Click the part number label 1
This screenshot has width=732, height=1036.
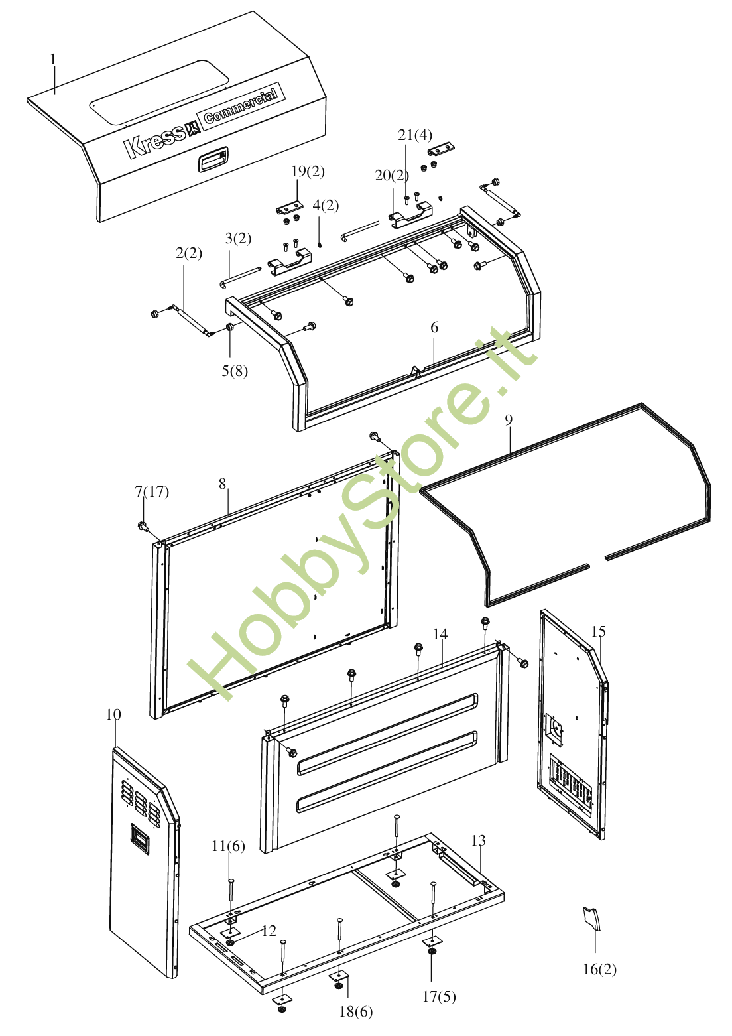point(53,59)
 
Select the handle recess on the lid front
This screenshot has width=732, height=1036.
point(213,160)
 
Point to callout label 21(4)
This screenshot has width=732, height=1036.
point(415,135)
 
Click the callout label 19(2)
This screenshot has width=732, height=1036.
point(308,172)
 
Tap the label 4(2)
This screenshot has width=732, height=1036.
point(326,205)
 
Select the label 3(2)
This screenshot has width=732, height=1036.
point(238,239)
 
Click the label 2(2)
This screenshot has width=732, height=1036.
point(189,253)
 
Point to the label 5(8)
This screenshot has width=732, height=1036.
point(235,371)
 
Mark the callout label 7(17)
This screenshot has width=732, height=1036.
point(152,491)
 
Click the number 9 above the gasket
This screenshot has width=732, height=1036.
point(509,420)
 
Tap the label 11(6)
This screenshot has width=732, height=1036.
point(228,846)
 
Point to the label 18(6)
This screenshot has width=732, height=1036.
point(355,1011)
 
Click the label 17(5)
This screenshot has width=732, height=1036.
point(439,996)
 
